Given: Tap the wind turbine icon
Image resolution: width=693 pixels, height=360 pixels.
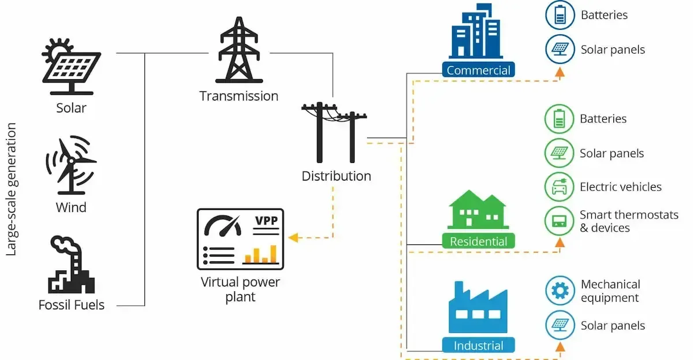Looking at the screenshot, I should (x=71, y=165).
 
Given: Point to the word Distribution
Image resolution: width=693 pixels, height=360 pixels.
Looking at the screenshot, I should (x=336, y=176).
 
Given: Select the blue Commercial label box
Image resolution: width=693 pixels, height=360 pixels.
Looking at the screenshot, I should (x=479, y=70).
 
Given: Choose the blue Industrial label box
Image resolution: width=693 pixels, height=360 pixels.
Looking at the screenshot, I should (x=478, y=346).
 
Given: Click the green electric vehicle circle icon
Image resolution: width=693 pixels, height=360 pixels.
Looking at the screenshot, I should (x=559, y=187).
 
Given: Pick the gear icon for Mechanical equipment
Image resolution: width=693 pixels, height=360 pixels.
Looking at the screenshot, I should (x=560, y=291).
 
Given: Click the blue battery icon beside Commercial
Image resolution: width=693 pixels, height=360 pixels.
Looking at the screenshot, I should (x=560, y=16).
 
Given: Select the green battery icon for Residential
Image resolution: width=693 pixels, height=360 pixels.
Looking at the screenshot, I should (x=559, y=119).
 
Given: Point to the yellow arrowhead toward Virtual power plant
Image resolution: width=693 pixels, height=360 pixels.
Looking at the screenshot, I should (x=293, y=237).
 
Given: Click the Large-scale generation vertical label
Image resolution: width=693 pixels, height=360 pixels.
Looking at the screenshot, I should (x=11, y=189).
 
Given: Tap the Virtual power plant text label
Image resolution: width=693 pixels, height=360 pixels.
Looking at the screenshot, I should (x=240, y=290).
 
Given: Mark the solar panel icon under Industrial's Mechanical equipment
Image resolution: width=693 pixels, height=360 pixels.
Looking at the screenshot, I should (x=560, y=325).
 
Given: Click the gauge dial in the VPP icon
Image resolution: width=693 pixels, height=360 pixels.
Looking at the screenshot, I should (x=222, y=226).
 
